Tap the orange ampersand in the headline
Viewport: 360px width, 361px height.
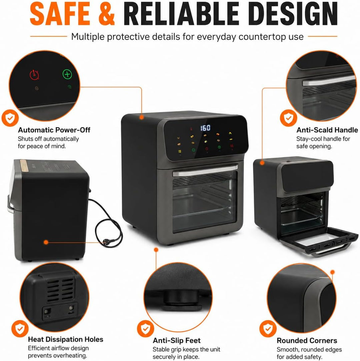106,14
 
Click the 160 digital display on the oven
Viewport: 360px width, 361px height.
205,128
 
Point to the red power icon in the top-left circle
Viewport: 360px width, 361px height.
34,75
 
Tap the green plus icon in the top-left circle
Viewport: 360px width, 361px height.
67,74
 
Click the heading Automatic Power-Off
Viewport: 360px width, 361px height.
54,130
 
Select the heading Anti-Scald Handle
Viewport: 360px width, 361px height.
327,130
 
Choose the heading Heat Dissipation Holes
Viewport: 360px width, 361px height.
66,339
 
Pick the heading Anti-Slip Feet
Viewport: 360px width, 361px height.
176,341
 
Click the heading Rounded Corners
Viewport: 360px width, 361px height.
307,341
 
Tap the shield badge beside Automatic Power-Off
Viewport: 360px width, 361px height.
10,118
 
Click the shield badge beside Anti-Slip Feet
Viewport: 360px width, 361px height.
145,329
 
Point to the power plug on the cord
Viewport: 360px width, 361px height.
108,242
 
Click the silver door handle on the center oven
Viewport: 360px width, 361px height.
205,170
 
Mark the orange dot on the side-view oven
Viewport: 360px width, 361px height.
46,242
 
